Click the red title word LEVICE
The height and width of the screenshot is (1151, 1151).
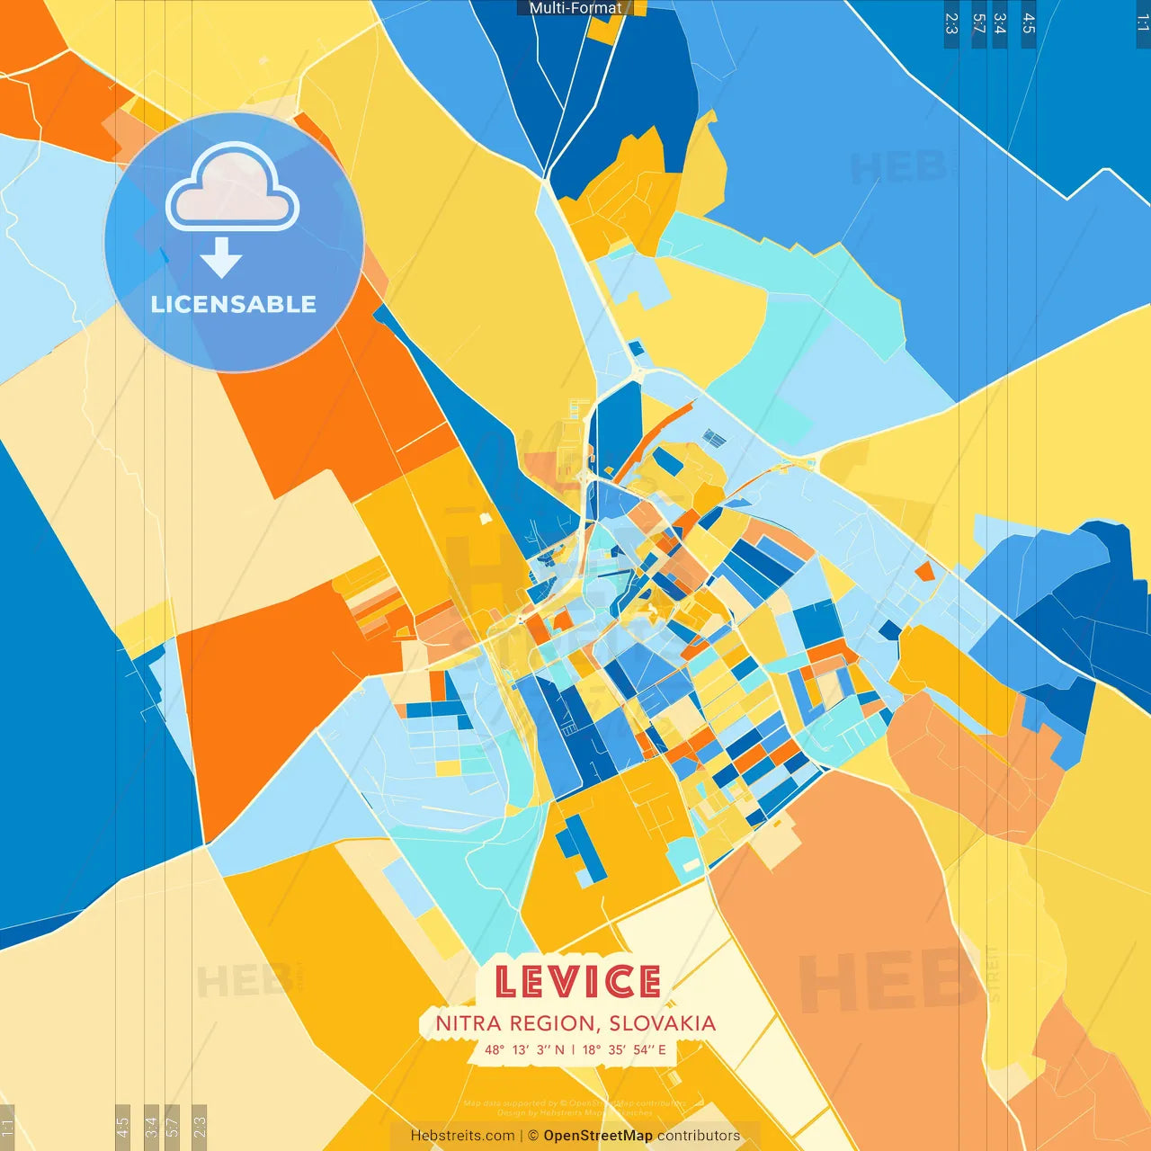(x=577, y=982)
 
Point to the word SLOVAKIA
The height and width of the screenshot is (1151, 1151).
(x=662, y=1023)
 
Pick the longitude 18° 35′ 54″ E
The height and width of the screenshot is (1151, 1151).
(x=624, y=1049)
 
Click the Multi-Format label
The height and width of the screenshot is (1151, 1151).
(x=575, y=8)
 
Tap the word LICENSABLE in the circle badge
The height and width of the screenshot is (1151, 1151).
(x=234, y=304)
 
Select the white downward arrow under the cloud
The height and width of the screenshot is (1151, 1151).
(x=221, y=258)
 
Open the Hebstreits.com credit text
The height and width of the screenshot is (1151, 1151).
(x=462, y=1136)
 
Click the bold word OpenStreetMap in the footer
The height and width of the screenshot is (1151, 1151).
(x=598, y=1136)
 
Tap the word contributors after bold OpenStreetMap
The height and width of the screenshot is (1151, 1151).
(x=699, y=1136)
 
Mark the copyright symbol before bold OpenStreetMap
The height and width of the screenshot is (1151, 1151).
(x=533, y=1136)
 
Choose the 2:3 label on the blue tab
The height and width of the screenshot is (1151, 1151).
(x=951, y=23)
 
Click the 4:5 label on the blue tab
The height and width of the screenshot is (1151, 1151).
(x=1029, y=23)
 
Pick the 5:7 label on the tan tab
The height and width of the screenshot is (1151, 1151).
(x=173, y=1125)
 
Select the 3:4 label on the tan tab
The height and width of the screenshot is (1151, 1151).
(x=151, y=1125)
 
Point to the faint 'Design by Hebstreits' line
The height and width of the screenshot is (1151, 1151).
(x=575, y=1112)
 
